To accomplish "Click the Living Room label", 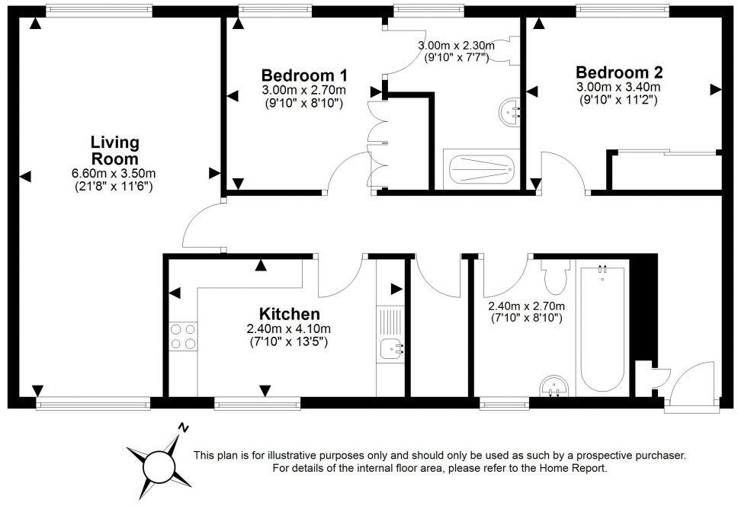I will pyautogui.click(x=115, y=150).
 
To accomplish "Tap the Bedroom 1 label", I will pyautogui.click(x=304, y=75).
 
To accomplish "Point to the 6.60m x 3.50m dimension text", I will pyautogui.click(x=115, y=173).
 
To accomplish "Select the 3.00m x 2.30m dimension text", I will pyautogui.click(x=456, y=46).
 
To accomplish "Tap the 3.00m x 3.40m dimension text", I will pyautogui.click(x=618, y=87).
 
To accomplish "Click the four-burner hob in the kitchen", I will pyautogui.click(x=182, y=336).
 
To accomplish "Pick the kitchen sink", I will pyautogui.click(x=392, y=350).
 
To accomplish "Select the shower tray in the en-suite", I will pyautogui.click(x=481, y=170).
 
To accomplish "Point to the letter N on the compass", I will pyautogui.click(x=183, y=428).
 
